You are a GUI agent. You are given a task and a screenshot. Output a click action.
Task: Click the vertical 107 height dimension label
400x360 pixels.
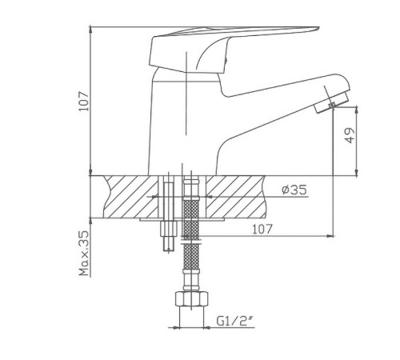[84, 102]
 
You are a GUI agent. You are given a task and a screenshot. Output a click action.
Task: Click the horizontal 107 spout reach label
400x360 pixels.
[262, 229]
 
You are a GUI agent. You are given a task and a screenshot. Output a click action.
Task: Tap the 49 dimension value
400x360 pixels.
[350, 135]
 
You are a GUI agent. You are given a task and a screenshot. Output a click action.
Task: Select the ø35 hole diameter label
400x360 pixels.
[294, 190]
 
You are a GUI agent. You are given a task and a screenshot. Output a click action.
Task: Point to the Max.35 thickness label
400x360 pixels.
[84, 253]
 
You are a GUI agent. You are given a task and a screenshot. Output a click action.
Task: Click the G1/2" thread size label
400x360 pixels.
[234, 321]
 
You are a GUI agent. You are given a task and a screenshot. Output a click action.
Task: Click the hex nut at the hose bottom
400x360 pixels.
[191, 299]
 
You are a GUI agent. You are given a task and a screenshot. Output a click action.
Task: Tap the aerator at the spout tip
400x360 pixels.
[331, 102]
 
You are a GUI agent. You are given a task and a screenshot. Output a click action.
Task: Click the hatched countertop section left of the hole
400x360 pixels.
[130, 197]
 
